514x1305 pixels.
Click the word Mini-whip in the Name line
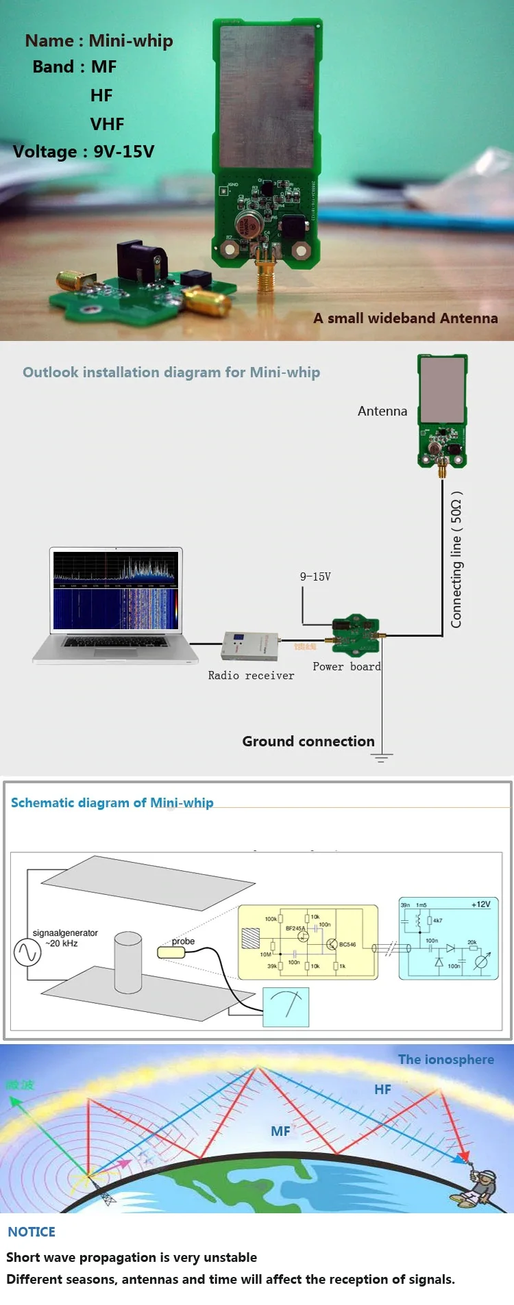(x=131, y=41)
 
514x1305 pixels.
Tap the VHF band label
(x=107, y=124)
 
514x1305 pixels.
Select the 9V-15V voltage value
(x=124, y=151)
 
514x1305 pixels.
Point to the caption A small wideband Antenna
(x=406, y=318)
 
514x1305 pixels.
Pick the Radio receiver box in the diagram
(x=249, y=646)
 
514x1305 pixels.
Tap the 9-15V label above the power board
(x=315, y=577)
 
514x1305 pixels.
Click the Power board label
(x=346, y=666)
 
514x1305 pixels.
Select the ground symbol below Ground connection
(x=382, y=757)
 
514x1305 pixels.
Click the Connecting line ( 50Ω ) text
(x=456, y=559)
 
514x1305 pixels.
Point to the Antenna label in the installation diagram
(x=382, y=411)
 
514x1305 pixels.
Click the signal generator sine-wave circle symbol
(x=27, y=952)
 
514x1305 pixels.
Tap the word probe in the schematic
(x=183, y=941)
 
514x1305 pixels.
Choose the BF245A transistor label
(x=295, y=928)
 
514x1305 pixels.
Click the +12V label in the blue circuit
(x=480, y=904)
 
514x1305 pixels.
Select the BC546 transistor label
(x=347, y=944)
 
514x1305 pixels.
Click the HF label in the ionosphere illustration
(x=382, y=1089)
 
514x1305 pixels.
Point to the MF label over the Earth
(x=280, y=1131)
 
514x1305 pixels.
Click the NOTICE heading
(x=32, y=1232)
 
